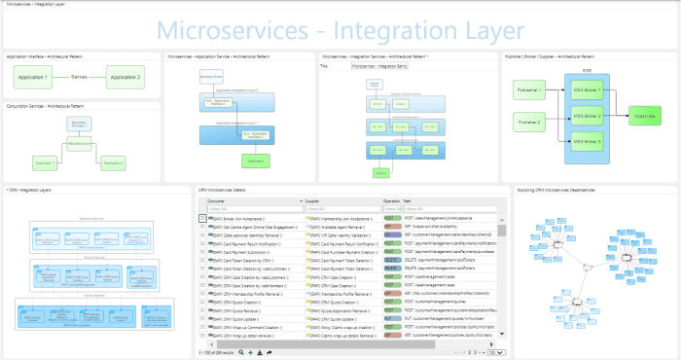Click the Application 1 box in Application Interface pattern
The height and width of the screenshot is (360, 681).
(34, 76)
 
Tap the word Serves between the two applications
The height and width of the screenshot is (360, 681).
(80, 76)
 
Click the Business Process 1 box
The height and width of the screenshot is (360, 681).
(80, 124)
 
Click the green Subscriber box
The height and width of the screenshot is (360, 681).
(644, 116)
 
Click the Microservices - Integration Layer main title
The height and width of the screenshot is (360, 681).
(340, 29)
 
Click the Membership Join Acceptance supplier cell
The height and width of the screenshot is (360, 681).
(340, 219)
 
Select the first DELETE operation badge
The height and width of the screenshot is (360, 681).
(391, 262)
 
